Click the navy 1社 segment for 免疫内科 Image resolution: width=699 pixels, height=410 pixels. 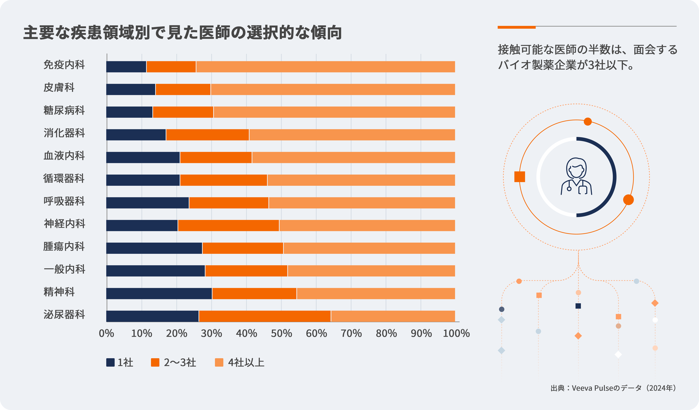[126, 67]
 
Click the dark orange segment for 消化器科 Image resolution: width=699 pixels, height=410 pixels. [207, 135]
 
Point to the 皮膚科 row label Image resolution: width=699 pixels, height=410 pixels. [59, 87]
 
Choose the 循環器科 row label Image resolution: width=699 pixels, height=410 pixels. [64, 178]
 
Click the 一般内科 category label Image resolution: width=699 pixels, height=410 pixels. [64, 269]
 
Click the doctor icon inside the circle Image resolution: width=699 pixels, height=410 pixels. [576, 176]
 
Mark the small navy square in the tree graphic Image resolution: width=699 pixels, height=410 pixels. [578, 306]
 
